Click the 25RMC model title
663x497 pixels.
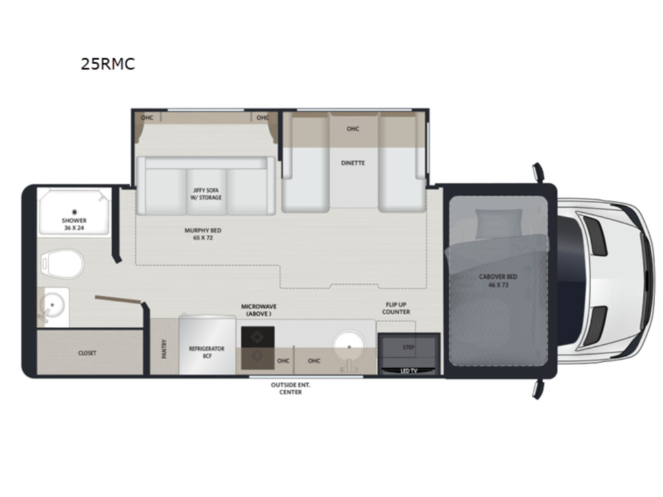pyautogui.click(x=108, y=64)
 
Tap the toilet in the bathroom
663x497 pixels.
pyautogui.click(x=62, y=264)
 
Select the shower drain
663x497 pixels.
pyautogui.click(x=74, y=212)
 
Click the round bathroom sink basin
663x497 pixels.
pyautogui.click(x=52, y=305)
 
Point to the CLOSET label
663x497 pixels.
pyautogui.click(x=87, y=353)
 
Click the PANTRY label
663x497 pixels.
pyautogui.click(x=164, y=349)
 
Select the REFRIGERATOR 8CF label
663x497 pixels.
pyautogui.click(x=207, y=352)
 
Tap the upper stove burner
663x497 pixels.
pyautogui.click(x=257, y=337)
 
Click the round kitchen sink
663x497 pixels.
pyautogui.click(x=349, y=347)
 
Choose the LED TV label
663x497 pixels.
pyautogui.click(x=409, y=371)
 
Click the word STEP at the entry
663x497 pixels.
pyautogui.click(x=409, y=348)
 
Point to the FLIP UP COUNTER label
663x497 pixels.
pyautogui.click(x=396, y=308)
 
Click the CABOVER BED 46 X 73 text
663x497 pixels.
pyautogui.click(x=498, y=281)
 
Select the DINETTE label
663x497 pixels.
pyautogui.click(x=353, y=162)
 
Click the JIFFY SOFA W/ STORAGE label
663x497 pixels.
pyautogui.click(x=207, y=194)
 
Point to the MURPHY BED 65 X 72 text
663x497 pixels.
pyautogui.click(x=203, y=234)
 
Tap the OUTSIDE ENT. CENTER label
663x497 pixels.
pyautogui.click(x=291, y=388)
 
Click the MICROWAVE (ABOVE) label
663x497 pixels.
pyautogui.click(x=259, y=310)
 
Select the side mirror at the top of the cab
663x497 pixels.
pyautogui.click(x=537, y=172)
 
